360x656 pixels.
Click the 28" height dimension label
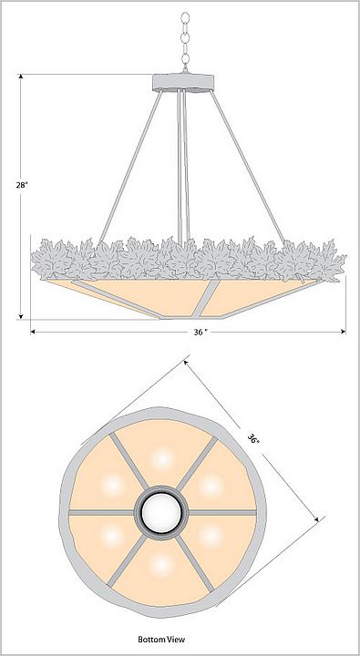(x=22, y=185)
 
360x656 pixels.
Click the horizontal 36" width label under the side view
(x=201, y=332)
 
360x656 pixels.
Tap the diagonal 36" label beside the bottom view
(x=252, y=439)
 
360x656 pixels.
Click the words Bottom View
(x=161, y=639)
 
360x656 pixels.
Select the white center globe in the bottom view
(x=161, y=512)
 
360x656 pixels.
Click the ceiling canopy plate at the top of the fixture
(x=183, y=82)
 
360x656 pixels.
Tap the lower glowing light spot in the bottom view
(x=161, y=565)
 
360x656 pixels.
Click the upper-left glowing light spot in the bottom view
(x=113, y=486)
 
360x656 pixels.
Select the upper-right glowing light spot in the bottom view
(x=211, y=486)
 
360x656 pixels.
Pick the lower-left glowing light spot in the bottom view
(x=113, y=537)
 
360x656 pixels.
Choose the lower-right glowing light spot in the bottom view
(x=211, y=537)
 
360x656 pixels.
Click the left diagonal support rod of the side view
(x=130, y=168)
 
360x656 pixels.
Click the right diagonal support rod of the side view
(x=248, y=168)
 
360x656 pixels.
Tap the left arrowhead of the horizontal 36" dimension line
(x=33, y=332)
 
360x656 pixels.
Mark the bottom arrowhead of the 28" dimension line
(x=21, y=316)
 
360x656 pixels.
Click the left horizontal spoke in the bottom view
(x=102, y=512)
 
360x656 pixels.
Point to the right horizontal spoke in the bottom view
(x=221, y=512)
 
